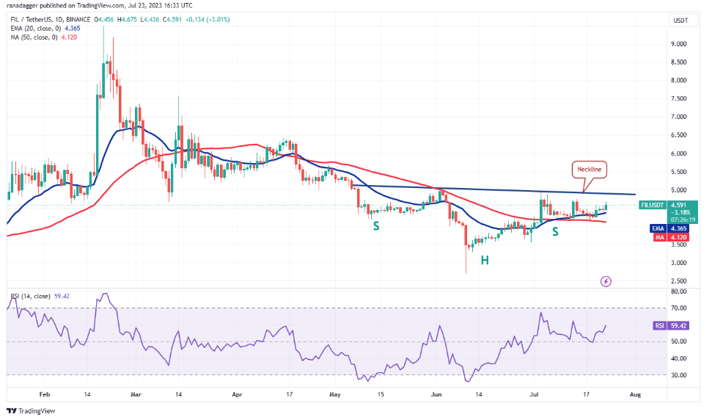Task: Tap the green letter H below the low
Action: (x=485, y=260)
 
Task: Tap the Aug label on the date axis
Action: (x=635, y=394)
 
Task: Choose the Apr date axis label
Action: (x=237, y=394)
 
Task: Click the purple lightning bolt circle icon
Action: (x=606, y=280)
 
